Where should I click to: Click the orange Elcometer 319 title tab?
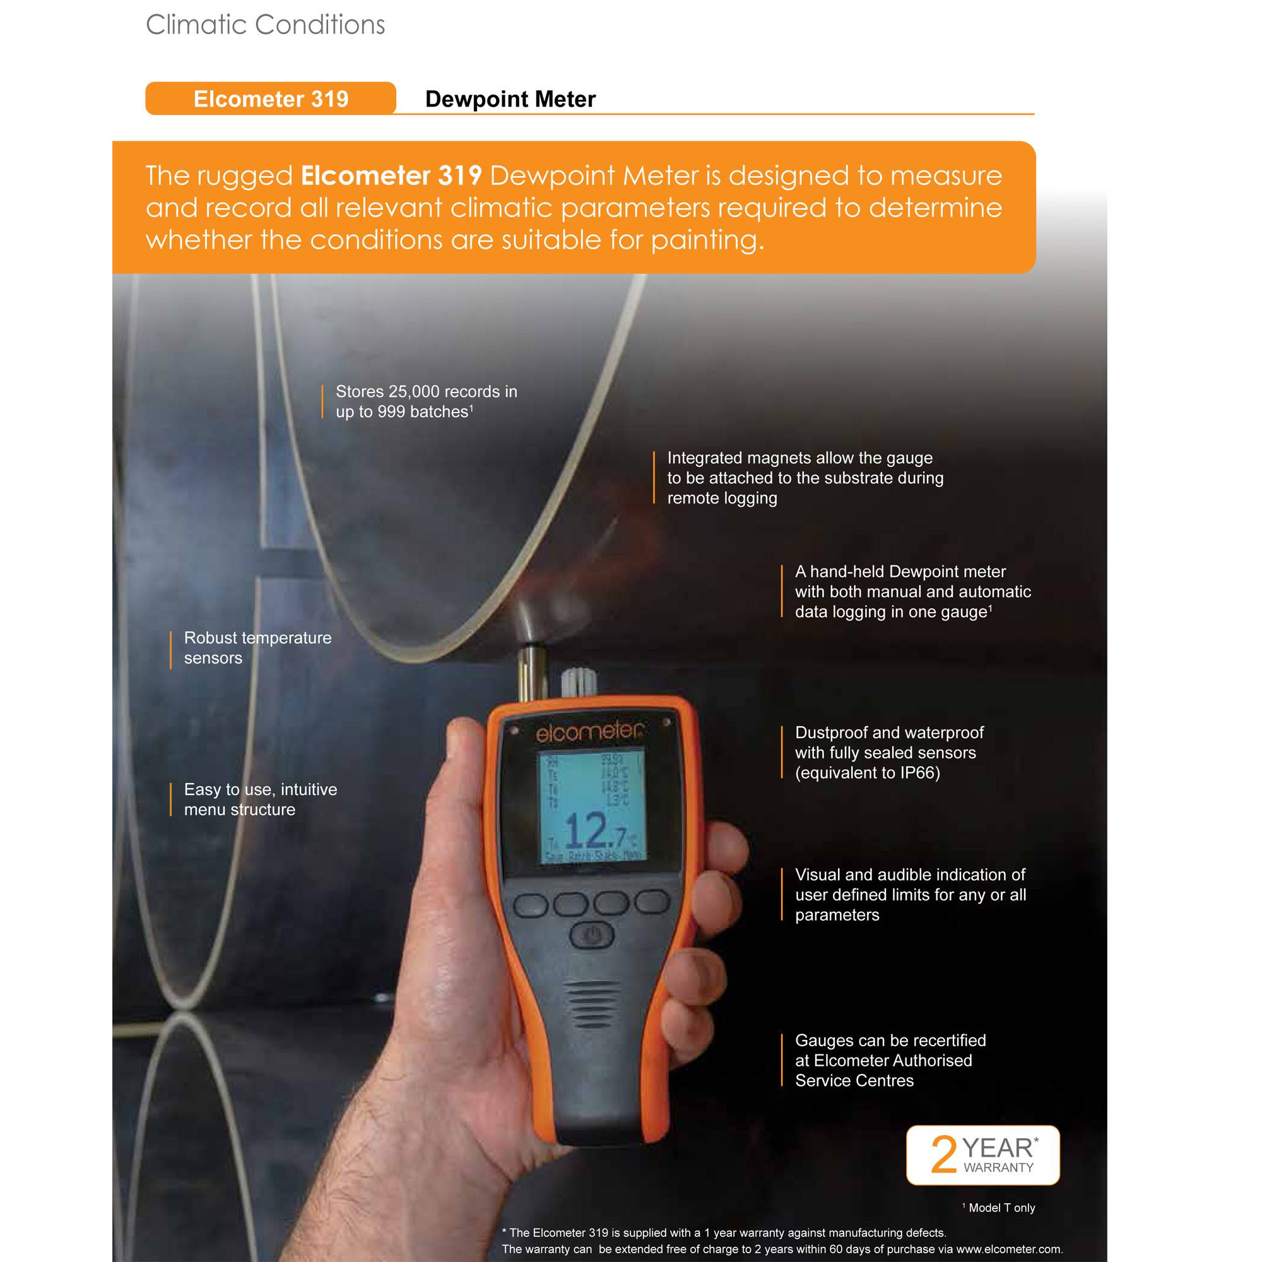click(x=271, y=98)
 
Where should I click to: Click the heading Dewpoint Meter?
click(x=510, y=99)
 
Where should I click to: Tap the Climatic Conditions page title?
click(x=265, y=25)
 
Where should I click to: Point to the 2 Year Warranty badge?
click(x=982, y=1155)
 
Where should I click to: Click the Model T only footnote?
click(x=1001, y=1208)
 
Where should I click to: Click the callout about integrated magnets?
click(x=805, y=478)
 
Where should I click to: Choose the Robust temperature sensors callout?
click(x=257, y=647)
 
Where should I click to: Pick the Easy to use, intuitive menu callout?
click(x=260, y=799)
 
